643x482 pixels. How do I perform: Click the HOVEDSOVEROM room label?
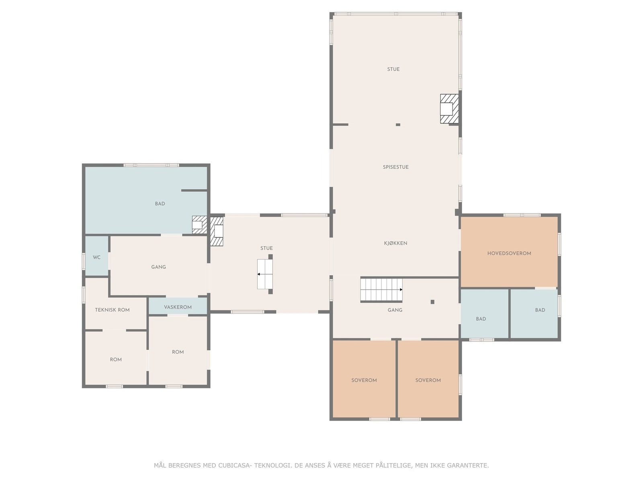click(509, 253)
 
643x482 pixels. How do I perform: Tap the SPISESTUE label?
click(395, 167)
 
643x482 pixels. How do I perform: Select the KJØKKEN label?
click(395, 243)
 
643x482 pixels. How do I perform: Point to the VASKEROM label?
click(178, 307)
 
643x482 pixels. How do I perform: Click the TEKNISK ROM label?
click(112, 310)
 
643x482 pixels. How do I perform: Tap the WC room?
click(97, 256)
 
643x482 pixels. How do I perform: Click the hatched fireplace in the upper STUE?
click(449, 108)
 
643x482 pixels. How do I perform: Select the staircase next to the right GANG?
click(381, 290)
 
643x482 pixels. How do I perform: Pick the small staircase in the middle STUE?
click(265, 274)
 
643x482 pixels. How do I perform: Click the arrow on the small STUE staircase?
click(265, 274)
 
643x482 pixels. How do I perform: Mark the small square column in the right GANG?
click(432, 302)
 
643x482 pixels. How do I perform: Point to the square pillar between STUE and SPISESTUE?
click(398, 125)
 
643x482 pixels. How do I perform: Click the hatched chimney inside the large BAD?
click(199, 225)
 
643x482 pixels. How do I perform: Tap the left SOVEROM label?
click(364, 380)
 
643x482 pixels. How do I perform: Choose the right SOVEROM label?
click(428, 380)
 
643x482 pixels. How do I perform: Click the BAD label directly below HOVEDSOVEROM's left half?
click(481, 319)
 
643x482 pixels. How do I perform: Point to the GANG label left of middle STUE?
click(158, 267)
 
